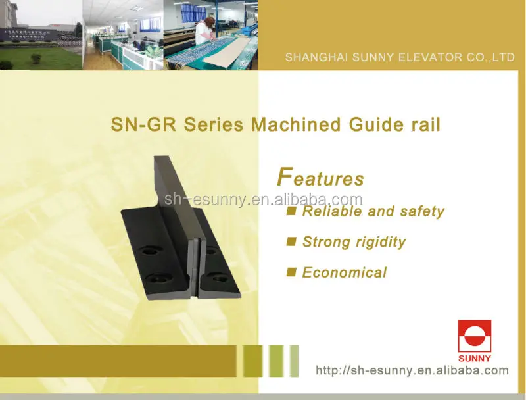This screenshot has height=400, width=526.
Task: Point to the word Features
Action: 321,178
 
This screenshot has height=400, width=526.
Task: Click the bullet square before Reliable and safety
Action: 292,211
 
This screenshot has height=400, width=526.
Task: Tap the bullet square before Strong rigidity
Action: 292,241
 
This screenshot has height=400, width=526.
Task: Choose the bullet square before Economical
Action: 292,272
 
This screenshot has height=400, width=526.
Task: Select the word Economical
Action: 345,272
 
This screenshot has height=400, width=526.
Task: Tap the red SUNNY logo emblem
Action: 475,336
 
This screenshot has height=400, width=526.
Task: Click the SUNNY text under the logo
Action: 475,358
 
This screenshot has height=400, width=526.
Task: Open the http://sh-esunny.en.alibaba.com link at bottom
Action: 412,370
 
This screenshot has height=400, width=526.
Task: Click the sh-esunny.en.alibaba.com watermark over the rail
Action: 264,200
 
